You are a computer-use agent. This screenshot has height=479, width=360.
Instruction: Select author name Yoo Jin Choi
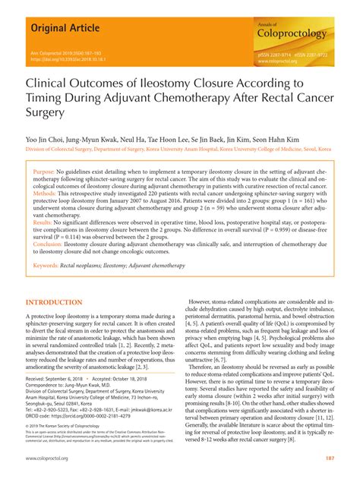47,140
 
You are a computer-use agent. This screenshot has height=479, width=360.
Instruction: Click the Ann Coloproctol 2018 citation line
73,52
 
